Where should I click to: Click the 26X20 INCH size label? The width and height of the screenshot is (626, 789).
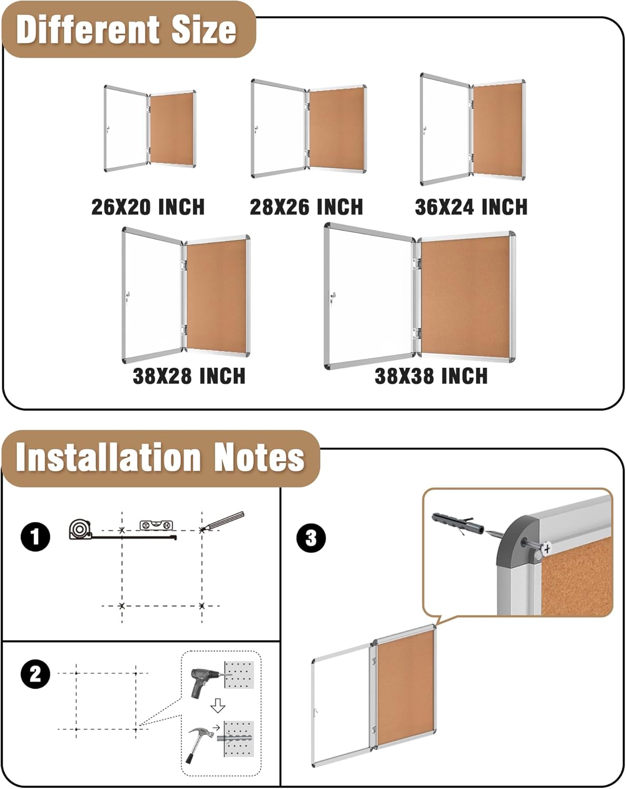[x=148, y=207]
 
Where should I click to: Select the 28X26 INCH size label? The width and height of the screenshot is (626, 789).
[x=306, y=207]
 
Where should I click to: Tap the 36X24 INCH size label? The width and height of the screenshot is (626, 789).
[x=471, y=207]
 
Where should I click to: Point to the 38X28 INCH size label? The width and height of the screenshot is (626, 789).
[x=189, y=376]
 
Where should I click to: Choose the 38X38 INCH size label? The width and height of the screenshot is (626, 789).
[x=431, y=376]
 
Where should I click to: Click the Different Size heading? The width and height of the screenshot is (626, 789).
[x=126, y=29]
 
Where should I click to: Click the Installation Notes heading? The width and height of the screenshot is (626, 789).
[x=160, y=457]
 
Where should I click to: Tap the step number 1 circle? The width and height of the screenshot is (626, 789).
[x=35, y=537]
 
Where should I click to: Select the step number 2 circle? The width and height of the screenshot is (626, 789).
[x=35, y=674]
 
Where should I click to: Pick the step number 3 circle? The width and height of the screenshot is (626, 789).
[x=311, y=538]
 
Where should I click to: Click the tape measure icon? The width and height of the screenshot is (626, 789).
[x=80, y=529]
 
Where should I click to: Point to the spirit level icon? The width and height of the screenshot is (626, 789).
[x=156, y=524]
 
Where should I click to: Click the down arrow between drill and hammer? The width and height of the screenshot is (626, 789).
[x=218, y=706]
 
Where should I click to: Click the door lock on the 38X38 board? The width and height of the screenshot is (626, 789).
[x=331, y=299]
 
